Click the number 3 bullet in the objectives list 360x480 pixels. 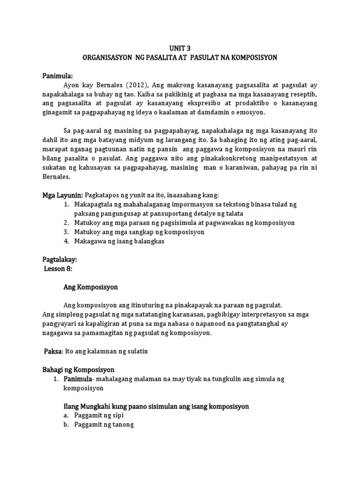coord(66,232)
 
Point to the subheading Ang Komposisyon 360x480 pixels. coord(90,286)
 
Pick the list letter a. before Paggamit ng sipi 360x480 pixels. coord(66,415)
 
